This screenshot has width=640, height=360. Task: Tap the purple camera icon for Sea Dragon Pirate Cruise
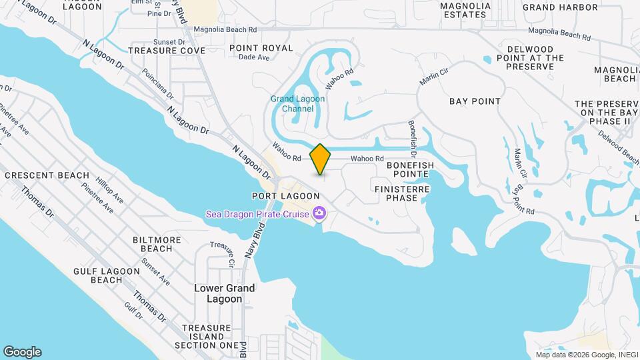[x=319, y=213]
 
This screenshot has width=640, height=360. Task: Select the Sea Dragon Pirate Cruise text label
[x=257, y=213]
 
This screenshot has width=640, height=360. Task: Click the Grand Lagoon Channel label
[x=297, y=104]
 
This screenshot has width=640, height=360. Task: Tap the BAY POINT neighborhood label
[x=475, y=101]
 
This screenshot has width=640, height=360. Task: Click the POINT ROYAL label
[x=261, y=48]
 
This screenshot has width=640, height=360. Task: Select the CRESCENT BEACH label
[x=47, y=175]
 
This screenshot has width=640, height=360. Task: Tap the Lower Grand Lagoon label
[x=224, y=293]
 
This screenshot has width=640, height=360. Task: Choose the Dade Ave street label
[x=253, y=58]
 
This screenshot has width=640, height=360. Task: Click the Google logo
[x=22, y=352]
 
